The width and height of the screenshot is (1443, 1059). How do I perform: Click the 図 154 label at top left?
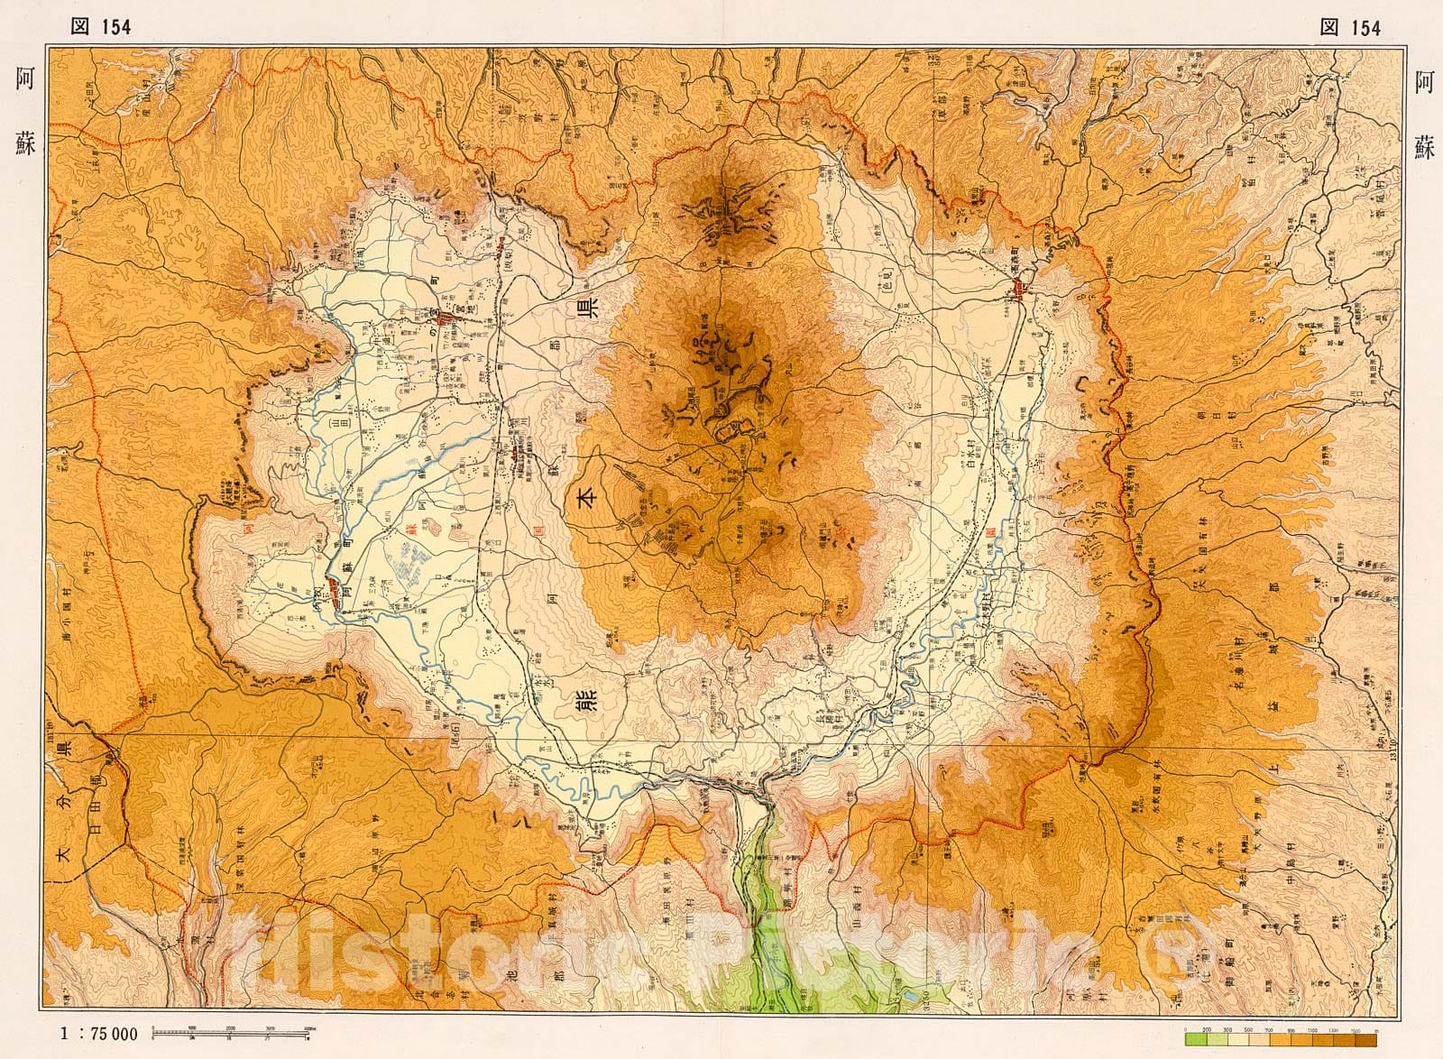pyautogui.click(x=101, y=27)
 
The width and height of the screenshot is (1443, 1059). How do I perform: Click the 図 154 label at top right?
pyautogui.click(x=1350, y=27)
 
